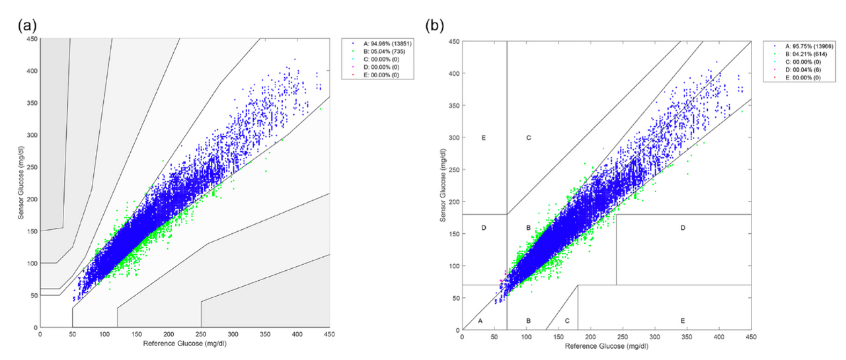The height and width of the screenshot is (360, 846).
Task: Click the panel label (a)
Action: pyautogui.click(x=28, y=27)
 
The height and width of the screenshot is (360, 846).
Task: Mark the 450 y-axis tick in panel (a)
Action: pyautogui.click(x=30, y=39)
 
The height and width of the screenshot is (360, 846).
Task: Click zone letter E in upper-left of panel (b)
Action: pyautogui.click(x=484, y=138)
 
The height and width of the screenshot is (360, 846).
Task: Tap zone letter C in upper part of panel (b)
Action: pyautogui.click(x=529, y=138)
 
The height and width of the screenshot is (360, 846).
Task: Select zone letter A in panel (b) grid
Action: pyautogui.click(x=481, y=321)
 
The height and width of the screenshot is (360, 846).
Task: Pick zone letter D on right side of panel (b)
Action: pyautogui.click(x=683, y=228)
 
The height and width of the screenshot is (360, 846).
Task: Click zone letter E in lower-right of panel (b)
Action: pyautogui.click(x=683, y=321)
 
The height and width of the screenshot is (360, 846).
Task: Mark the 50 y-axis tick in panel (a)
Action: pyautogui.click(x=32, y=295)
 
